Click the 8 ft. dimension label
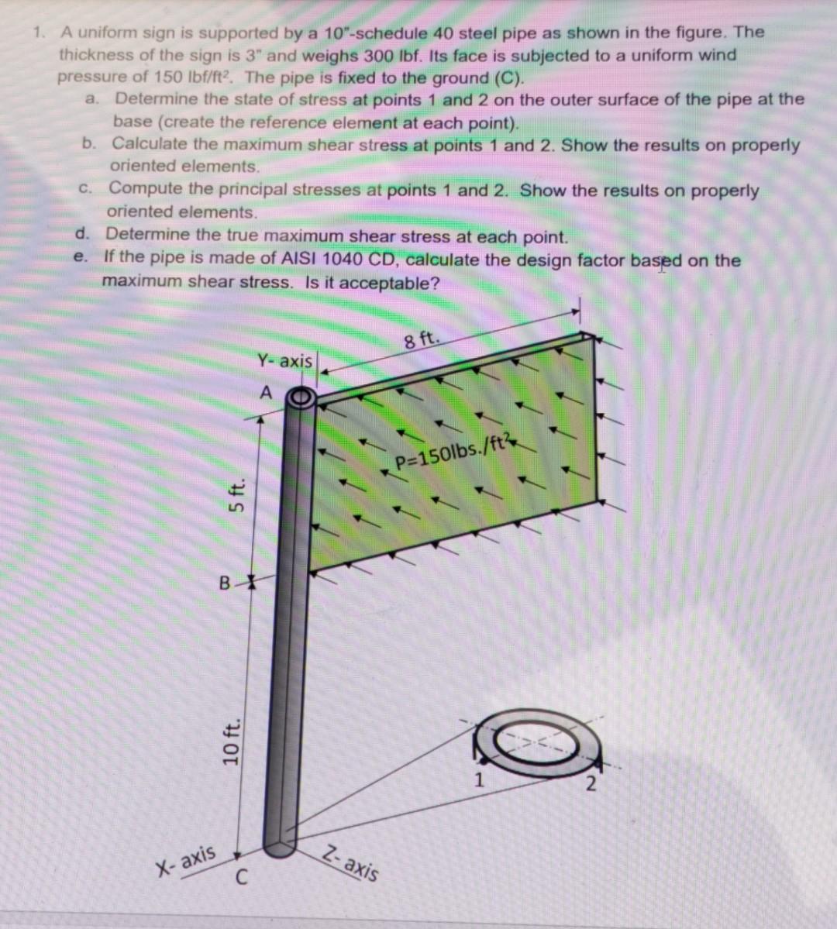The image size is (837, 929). click(422, 339)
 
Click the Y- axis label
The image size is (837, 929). click(284, 361)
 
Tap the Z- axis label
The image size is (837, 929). click(352, 860)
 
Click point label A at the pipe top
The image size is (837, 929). click(266, 393)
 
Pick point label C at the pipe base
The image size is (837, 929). click(242, 879)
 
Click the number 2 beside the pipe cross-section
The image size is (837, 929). click(591, 786)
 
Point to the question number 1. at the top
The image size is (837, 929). click(39, 33)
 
